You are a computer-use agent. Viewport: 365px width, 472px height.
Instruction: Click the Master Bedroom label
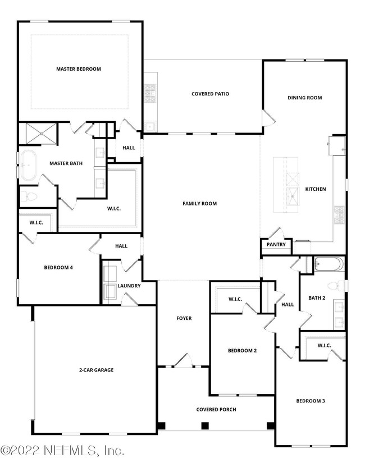click(79, 69)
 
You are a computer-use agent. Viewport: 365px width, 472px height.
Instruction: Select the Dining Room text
click(304, 98)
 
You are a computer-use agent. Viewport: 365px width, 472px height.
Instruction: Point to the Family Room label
click(199, 203)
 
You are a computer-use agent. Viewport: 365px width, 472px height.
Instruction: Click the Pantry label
click(276, 245)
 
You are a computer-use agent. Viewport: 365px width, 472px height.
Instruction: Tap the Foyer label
click(184, 318)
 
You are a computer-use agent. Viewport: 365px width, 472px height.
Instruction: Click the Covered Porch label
click(216, 409)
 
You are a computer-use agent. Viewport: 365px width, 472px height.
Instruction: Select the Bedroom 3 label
click(311, 401)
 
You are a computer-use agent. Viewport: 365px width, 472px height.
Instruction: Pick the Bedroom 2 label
click(242, 351)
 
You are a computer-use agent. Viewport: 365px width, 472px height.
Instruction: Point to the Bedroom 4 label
click(58, 267)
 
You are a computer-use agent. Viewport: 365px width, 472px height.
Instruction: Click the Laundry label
click(129, 286)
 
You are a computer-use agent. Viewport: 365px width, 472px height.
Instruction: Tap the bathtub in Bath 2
click(329, 264)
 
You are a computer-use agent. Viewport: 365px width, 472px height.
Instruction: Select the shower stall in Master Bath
click(38, 134)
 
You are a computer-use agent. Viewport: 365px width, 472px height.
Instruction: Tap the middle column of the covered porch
click(205, 425)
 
